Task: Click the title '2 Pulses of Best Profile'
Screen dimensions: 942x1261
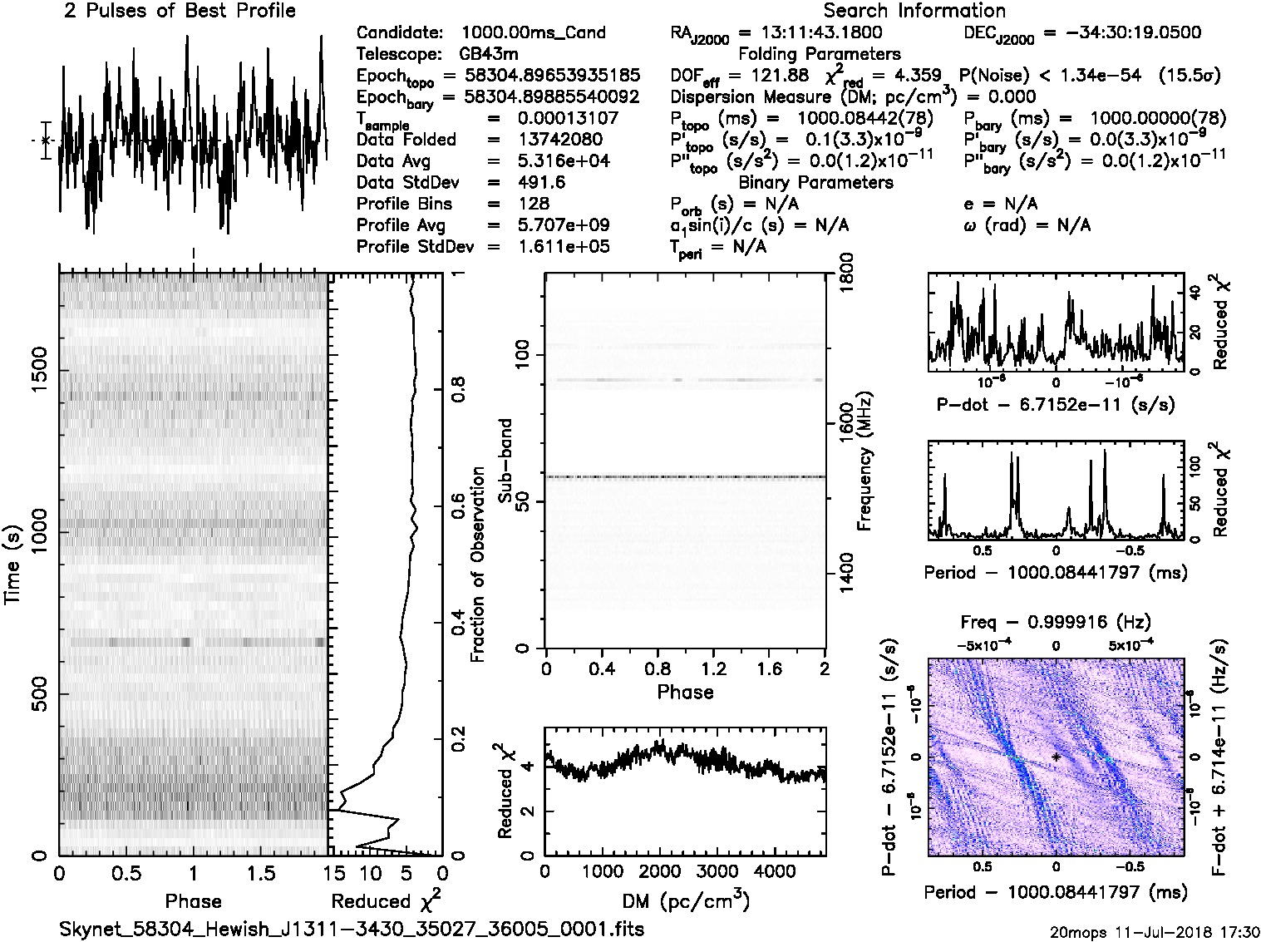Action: [x=180, y=11]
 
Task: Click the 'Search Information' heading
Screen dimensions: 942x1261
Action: [x=914, y=11]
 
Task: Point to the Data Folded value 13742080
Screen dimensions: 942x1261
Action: [x=560, y=140]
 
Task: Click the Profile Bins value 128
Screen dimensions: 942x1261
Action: [x=533, y=204]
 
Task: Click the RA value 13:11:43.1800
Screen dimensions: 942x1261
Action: [x=810, y=32]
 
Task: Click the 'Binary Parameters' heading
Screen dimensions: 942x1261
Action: [x=815, y=182]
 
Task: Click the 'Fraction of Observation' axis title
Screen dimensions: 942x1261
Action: [x=477, y=565]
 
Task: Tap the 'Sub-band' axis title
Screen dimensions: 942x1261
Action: [x=504, y=461]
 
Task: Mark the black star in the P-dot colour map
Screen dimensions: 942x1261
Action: [x=1056, y=757]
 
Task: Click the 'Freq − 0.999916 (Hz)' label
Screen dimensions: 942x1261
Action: [x=1055, y=622]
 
